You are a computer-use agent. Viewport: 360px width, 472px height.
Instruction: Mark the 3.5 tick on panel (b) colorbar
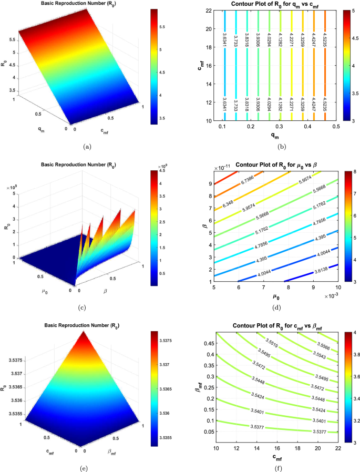(349, 93)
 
